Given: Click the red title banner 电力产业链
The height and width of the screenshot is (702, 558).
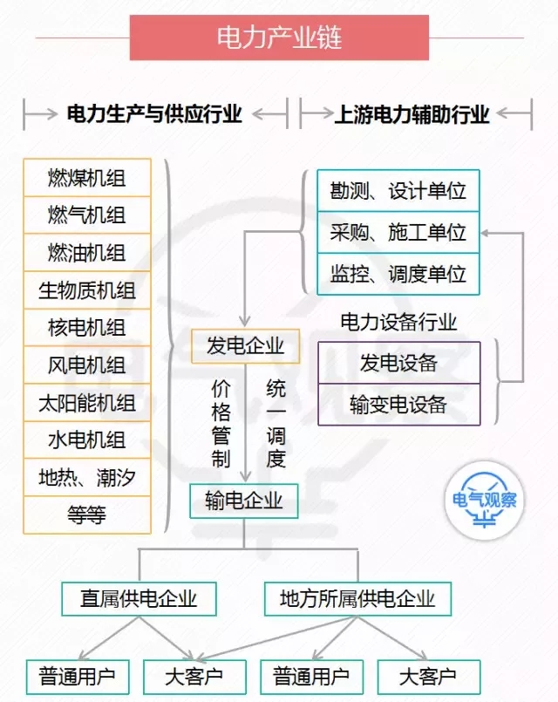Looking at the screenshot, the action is [279, 37].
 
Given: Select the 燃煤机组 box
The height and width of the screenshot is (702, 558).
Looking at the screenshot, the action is [87, 178].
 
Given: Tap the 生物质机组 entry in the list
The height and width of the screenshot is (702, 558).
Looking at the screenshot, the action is [87, 290].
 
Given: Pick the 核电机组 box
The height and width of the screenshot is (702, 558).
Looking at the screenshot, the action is [87, 327].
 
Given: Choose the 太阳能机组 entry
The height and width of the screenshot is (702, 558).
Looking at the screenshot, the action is [87, 403].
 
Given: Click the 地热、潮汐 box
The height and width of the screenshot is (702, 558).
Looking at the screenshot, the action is [87, 477].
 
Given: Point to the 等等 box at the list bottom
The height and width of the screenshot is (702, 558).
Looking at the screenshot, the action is [87, 515].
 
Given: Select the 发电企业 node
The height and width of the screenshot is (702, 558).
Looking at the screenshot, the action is [245, 346].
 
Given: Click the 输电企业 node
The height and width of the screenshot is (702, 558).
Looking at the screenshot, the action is [244, 501].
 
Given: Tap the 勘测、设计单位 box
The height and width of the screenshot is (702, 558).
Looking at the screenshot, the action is [398, 191].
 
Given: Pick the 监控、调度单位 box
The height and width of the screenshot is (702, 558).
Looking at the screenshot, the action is [398, 274].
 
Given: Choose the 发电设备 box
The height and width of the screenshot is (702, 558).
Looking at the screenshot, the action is [398, 363].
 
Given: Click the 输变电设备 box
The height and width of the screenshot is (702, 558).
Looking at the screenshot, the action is [398, 405].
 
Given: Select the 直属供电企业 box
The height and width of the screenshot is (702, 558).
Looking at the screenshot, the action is [139, 599].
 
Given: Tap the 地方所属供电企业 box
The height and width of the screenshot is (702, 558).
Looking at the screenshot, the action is [357, 599].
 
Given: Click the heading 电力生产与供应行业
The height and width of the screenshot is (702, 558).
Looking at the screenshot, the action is [154, 114].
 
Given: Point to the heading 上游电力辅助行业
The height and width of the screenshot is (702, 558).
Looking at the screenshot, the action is [412, 114].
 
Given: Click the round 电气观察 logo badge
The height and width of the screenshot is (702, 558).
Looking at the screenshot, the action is [485, 500].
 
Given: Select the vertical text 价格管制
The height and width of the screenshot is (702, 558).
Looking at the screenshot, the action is [221, 424].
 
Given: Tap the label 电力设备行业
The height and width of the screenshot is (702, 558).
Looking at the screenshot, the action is [398, 322].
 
